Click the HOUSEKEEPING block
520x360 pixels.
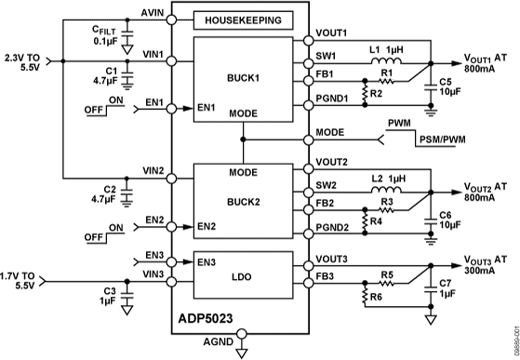coord(242,20)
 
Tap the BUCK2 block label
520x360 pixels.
coord(242,199)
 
